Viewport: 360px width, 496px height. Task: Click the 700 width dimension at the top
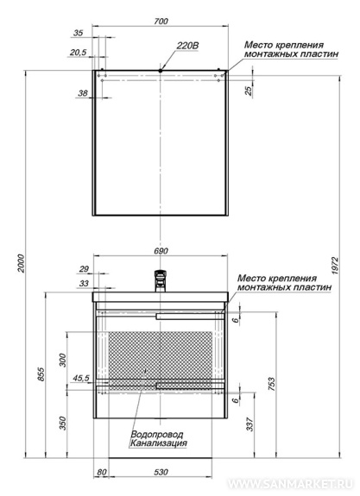pyautogui.click(x=161, y=22)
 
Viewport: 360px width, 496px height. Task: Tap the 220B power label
pyautogui.click(x=187, y=46)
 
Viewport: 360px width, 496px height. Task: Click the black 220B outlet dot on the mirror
pyautogui.click(x=161, y=71)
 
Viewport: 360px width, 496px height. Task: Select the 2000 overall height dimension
pyautogui.click(x=21, y=263)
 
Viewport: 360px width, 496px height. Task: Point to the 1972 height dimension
pyautogui.click(x=335, y=266)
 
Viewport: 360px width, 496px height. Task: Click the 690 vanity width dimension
pyautogui.click(x=161, y=251)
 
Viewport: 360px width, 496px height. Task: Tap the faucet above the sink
pyautogui.click(x=161, y=280)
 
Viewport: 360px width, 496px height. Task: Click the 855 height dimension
pyautogui.click(x=41, y=374)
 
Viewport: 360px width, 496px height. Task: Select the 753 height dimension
pyautogui.click(x=271, y=385)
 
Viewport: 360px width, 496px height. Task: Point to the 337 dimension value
pyautogui.click(x=249, y=424)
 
